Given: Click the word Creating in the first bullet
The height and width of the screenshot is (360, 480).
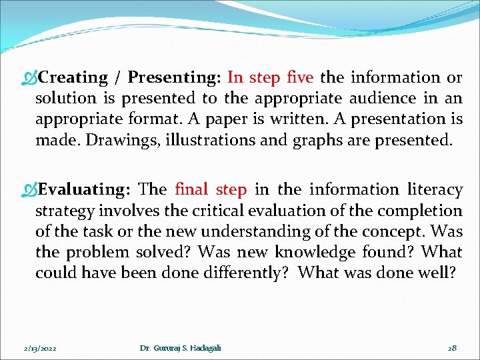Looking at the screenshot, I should coord(73,77).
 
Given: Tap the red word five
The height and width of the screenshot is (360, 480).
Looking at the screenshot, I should coord(299,77).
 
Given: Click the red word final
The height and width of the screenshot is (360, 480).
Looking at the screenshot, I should coord(192,189).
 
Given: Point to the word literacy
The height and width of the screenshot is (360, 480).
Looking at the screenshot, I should coord(435,189).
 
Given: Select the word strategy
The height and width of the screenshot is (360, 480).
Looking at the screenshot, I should coord(65,211).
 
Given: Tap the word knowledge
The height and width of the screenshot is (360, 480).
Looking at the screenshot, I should coord(317,252).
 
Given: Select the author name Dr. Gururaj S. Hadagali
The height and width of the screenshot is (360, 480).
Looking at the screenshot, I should coord(181,348).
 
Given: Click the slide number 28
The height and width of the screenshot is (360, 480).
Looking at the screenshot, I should coord(451,348).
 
